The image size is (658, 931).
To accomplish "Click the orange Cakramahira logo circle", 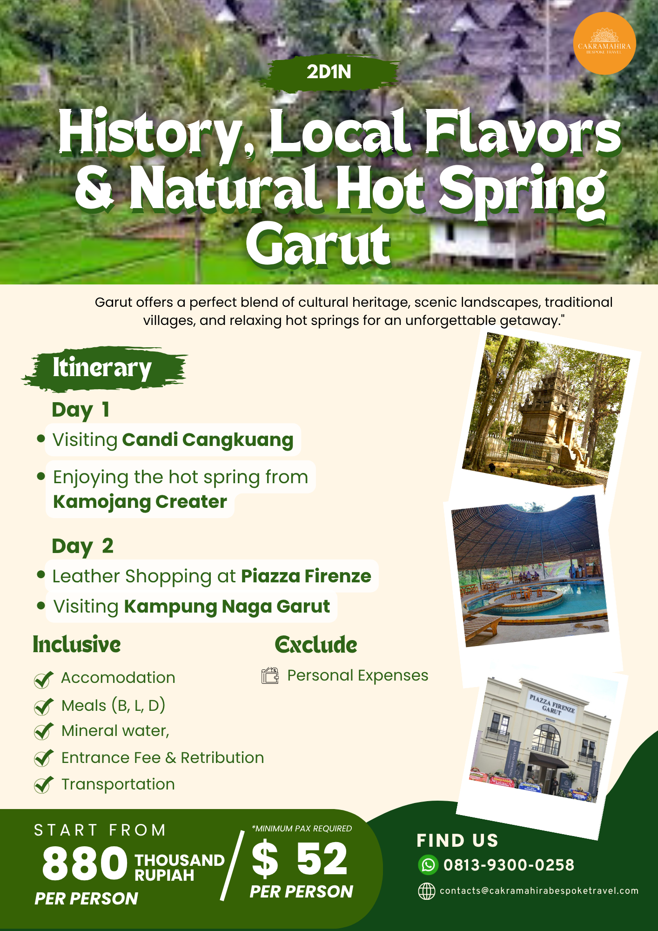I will pos(604,43).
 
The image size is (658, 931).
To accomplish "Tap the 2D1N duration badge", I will pos(329,72).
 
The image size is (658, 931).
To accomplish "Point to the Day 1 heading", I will pos(81,410).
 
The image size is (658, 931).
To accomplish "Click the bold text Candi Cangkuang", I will pos(208,440).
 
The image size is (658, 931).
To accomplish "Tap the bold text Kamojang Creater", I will pos(140,502).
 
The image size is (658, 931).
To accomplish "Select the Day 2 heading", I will pos(82,546).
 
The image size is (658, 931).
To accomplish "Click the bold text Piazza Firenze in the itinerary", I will pos(306,576).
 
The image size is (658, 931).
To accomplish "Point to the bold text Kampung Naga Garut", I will pos(227,607).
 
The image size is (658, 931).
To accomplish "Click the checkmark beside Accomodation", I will pos(43,680).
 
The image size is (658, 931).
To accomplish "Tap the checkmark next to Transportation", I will pos(43,785).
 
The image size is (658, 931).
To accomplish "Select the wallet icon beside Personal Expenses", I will pos(270,676).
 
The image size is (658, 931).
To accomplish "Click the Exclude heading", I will pos(316,645).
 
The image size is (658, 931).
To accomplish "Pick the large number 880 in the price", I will pos(85,864).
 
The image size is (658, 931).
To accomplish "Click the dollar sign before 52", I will pos(265,859).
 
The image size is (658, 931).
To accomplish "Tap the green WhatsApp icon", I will pos(428,865).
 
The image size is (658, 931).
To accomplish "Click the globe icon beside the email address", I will pos(426,891).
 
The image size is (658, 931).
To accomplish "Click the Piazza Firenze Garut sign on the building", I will pos(552,705).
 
